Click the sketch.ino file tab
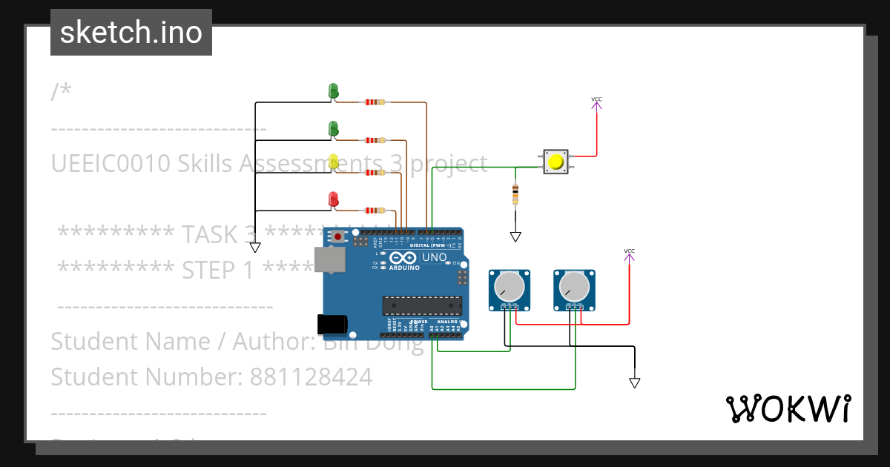coord(131,33)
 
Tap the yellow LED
coord(333,162)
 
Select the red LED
coord(333,199)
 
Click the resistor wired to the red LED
coord(375,211)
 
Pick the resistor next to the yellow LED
coord(375,173)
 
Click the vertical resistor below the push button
coord(515,194)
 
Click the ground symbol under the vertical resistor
coord(515,237)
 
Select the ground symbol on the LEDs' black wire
coord(255,248)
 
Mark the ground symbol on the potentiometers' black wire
coord(634,382)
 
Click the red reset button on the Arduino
coord(338,237)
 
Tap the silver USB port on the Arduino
coord(329,259)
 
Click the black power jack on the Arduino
coord(332,324)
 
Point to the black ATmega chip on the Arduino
coord(421,305)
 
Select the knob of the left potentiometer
coord(509,285)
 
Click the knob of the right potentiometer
coord(574,285)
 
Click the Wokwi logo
coord(788,408)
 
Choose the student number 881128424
coord(311,377)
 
